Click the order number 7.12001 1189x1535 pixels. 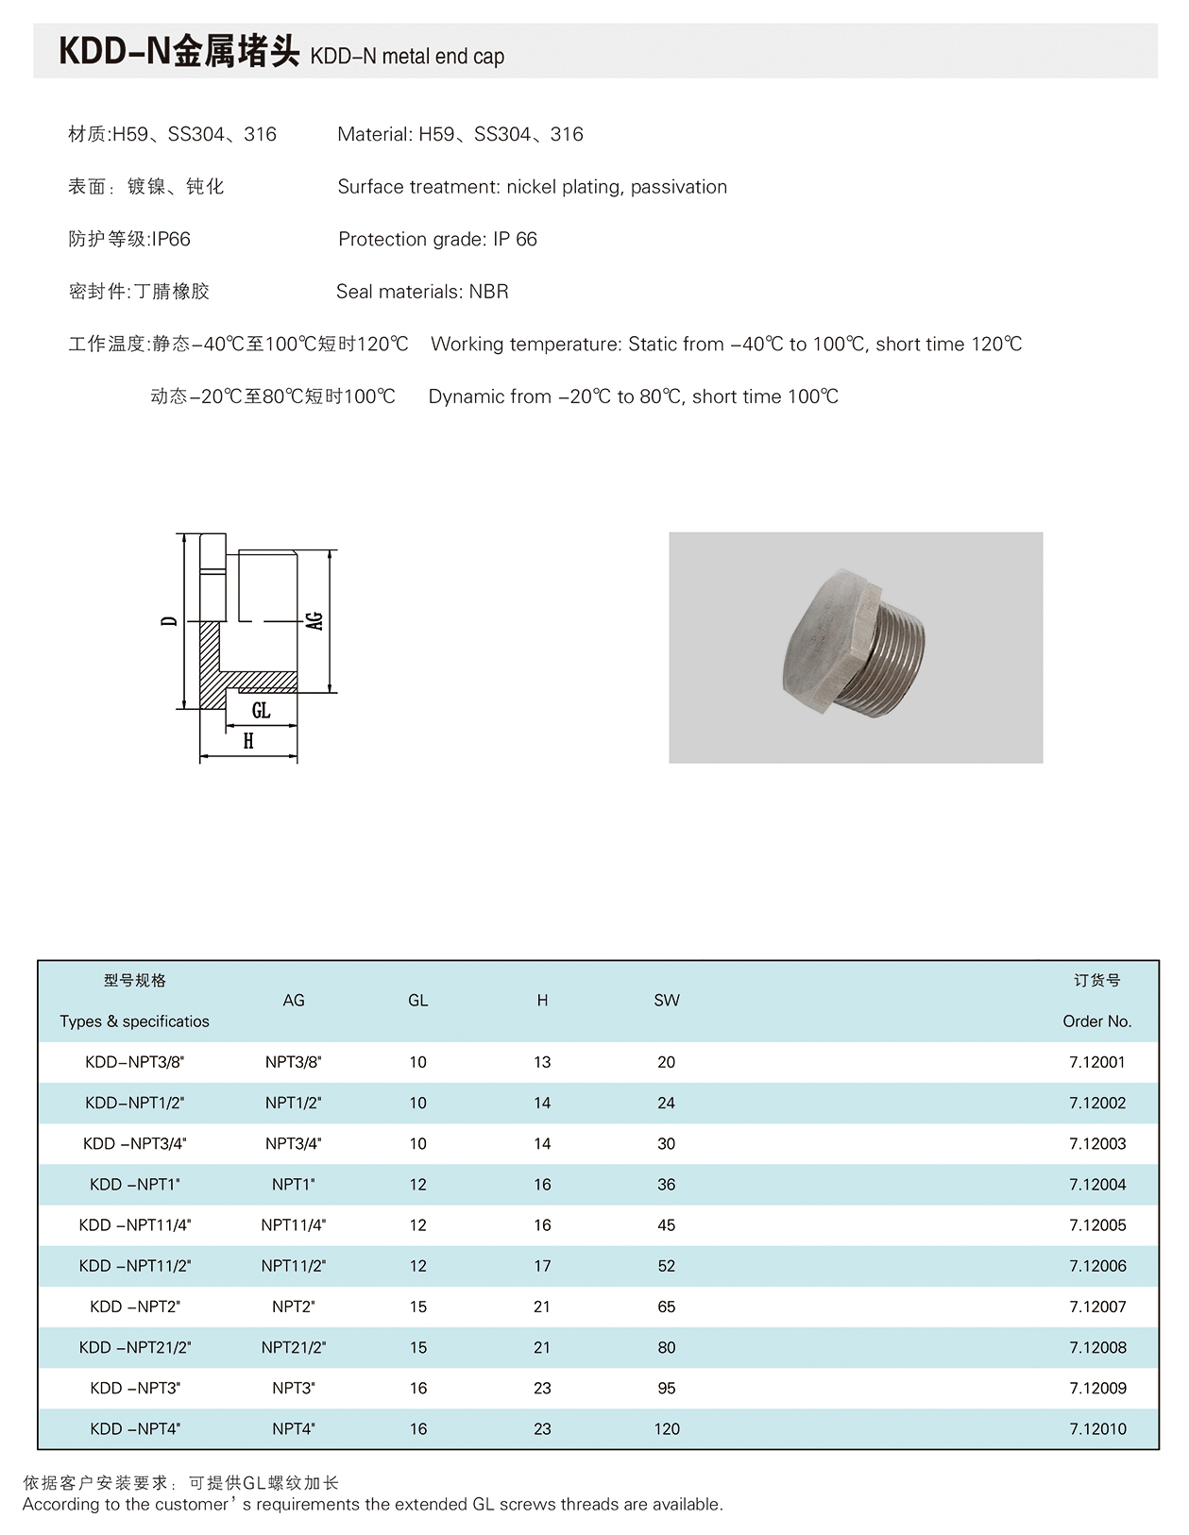[1096, 1062]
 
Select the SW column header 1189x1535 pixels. [666, 1001]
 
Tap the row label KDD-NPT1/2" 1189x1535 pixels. [134, 1103]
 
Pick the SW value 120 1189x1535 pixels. [666, 1429]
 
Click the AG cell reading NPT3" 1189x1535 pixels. [293, 1389]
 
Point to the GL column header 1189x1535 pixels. [417, 1001]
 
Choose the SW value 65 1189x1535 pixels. [666, 1307]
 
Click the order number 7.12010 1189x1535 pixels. [1096, 1429]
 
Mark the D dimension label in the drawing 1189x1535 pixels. [169, 620]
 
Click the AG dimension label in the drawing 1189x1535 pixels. [314, 620]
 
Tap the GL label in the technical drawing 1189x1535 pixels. [261, 710]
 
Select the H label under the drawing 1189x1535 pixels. [248, 741]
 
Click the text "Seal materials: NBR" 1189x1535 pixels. [422, 292]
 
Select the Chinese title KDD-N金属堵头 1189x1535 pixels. [178, 52]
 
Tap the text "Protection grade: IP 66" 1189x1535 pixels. [437, 240]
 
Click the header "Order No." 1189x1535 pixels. [1096, 1021]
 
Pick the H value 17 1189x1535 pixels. [542, 1266]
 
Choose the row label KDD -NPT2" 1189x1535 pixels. [134, 1307]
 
